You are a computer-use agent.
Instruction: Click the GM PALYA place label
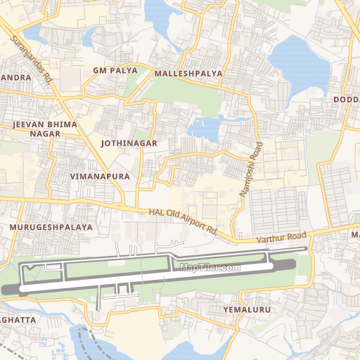tap(110, 71)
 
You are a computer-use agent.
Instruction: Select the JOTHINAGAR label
tap(129, 143)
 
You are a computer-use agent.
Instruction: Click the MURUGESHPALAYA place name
tap(51, 228)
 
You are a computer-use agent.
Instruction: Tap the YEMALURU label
tap(246, 309)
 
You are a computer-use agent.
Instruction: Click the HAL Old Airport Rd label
tap(182, 221)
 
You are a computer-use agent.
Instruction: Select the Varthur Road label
tap(281, 238)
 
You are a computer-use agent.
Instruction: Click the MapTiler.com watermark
tap(210, 267)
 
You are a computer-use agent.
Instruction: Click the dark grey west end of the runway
tap(10, 289)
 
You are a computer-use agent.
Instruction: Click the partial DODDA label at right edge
tap(346, 100)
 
